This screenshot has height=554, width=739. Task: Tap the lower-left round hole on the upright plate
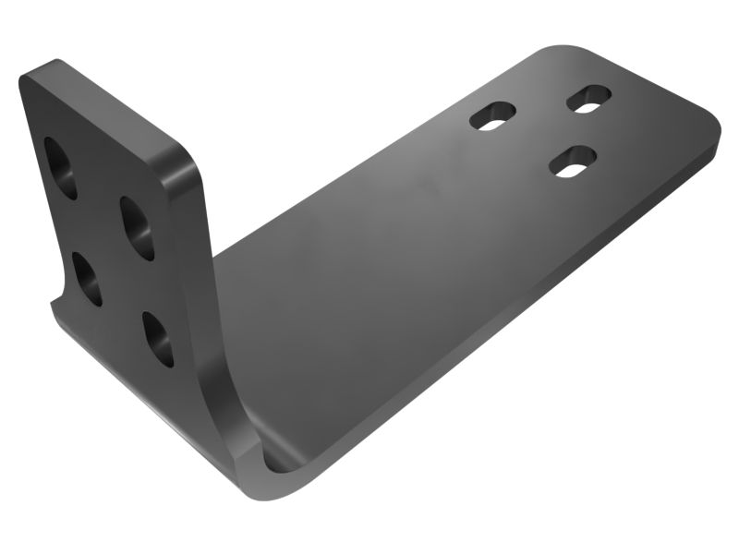pyautogui.click(x=88, y=278)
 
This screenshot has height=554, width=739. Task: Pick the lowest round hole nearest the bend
pyautogui.click(x=158, y=339)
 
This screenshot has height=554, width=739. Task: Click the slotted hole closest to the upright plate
pyautogui.click(x=492, y=114)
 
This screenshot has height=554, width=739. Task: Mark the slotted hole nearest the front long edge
pyautogui.click(x=570, y=161)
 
